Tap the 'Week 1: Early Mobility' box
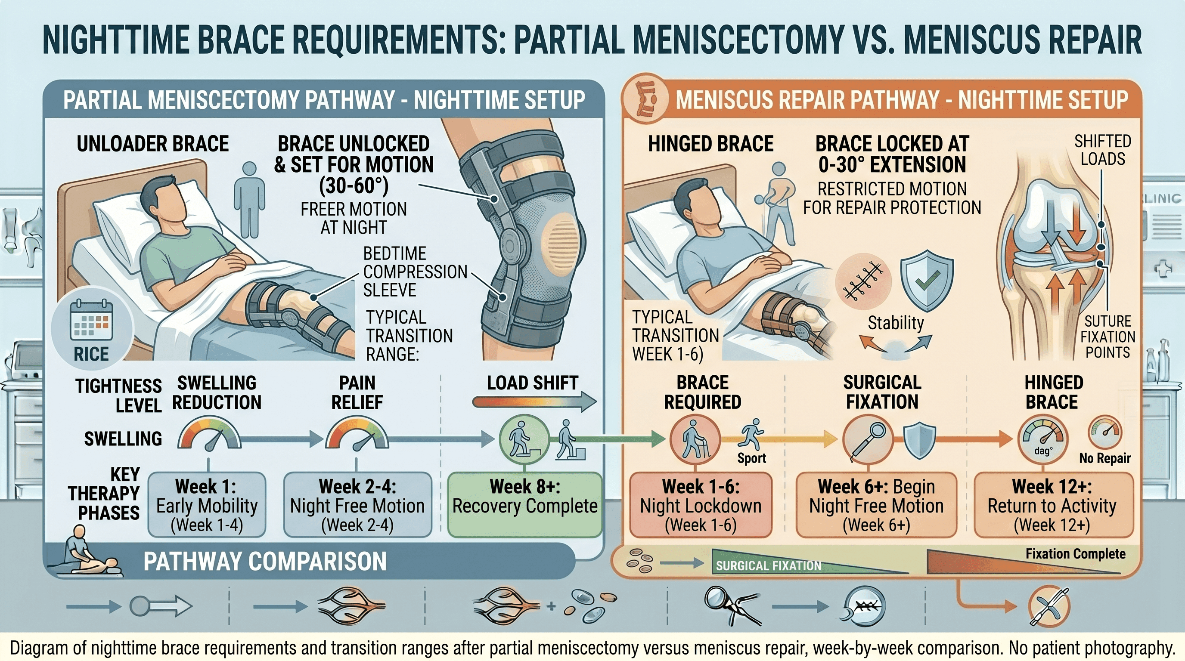[x=207, y=505]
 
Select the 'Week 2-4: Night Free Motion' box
[x=357, y=505]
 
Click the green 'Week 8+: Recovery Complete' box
[x=525, y=505]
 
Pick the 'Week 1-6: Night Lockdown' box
[x=701, y=505]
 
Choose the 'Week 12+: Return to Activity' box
[x=1052, y=505]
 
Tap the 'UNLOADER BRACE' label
[x=153, y=144]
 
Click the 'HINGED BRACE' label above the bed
[x=711, y=144]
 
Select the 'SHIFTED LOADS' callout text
[x=1103, y=150]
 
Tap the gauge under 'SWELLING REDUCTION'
[x=209, y=434]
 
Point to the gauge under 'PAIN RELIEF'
[x=357, y=434]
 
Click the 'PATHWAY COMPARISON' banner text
[x=265, y=561]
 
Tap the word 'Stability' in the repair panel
[x=896, y=323]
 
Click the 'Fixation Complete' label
[x=1076, y=554]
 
